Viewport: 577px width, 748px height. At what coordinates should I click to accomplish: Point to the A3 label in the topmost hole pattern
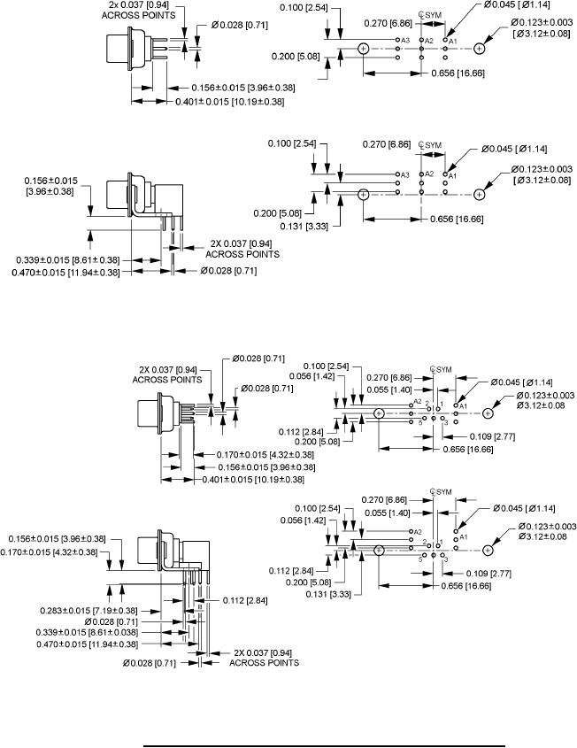(x=405, y=41)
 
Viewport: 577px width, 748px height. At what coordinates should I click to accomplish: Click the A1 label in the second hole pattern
(x=451, y=175)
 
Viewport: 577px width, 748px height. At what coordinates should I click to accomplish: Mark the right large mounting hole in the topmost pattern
(x=480, y=50)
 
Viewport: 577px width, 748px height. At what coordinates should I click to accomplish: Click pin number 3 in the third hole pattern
(x=445, y=424)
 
